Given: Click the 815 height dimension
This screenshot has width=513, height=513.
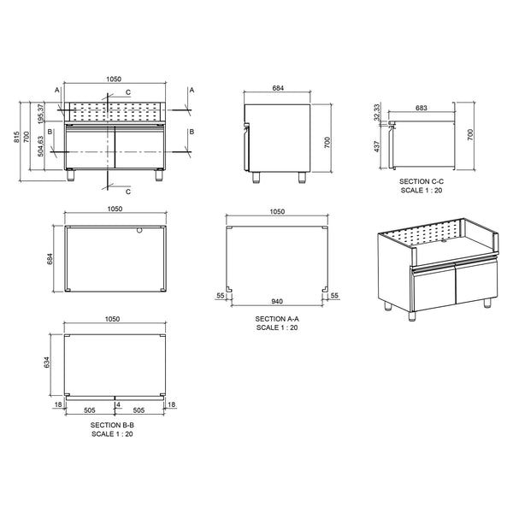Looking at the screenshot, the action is pos(17,137).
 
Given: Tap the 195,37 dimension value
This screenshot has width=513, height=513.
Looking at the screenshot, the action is pos(40,114).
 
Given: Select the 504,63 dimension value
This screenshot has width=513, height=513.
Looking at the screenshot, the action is pos(40,146).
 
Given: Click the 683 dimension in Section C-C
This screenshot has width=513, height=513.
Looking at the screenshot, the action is pos(421,108).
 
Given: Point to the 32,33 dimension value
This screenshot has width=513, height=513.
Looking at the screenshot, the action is pos(377,112).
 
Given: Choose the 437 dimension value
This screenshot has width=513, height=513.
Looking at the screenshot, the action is pos(377,146).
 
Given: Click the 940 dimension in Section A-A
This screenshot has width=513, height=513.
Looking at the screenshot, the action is pos(277,301).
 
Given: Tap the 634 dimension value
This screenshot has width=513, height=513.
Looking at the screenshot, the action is pos(46,363).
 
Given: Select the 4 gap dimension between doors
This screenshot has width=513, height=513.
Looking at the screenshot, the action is pos(119,404).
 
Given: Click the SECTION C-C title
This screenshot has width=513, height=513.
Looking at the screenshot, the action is pos(422,181).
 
